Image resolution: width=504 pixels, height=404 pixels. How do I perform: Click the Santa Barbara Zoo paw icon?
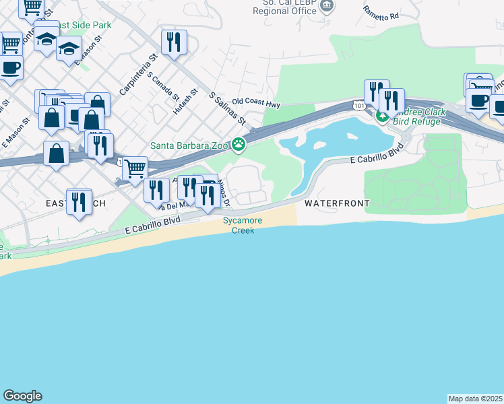[239, 144]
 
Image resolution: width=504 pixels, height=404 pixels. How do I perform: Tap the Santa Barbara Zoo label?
[189, 144]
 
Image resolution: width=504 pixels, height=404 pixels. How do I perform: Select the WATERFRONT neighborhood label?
[337, 203]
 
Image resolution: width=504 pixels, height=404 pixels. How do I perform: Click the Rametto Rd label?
[381, 13]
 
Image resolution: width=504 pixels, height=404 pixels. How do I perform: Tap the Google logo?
[22, 396]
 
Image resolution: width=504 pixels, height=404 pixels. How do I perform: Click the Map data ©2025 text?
[475, 399]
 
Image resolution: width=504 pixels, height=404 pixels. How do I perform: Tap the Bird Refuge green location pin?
[382, 117]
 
